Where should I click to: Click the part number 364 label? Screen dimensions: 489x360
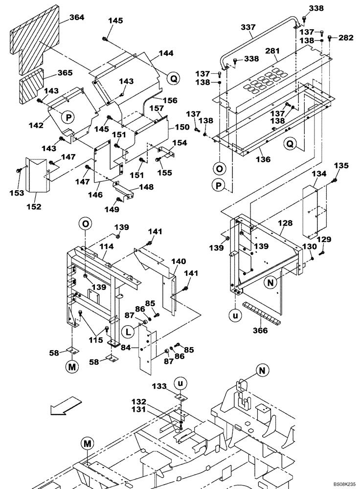pos(77,17)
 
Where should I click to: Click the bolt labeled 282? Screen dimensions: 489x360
pos(330,37)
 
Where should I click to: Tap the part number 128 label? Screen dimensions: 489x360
pos(286,223)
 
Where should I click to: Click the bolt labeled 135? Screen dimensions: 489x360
pos(336,181)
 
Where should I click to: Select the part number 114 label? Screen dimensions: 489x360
pos(107,247)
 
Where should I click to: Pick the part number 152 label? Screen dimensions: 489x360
pos(34,207)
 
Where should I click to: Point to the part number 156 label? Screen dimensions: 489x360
pos(170,100)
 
